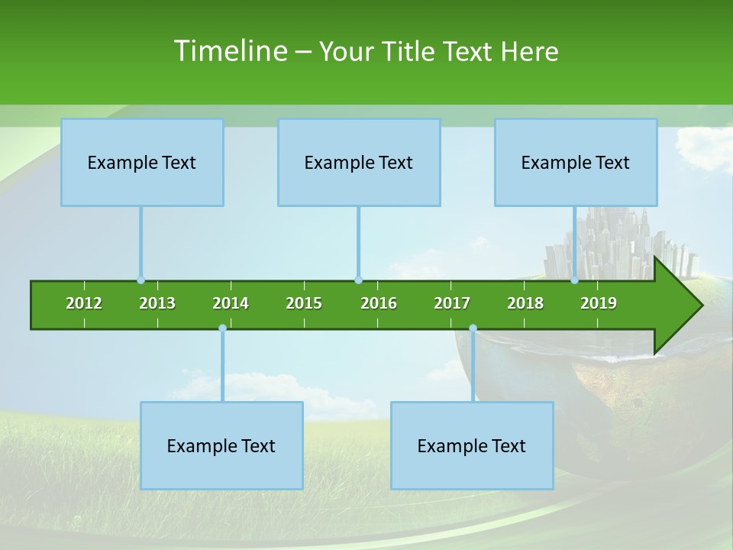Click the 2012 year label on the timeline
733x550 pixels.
click(x=84, y=303)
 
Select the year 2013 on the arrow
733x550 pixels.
click(x=157, y=303)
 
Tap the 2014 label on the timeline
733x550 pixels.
click(x=231, y=303)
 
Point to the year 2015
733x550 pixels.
click(x=304, y=303)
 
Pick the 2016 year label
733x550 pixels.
click(x=379, y=303)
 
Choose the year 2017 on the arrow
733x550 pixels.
click(x=452, y=303)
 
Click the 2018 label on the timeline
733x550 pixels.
click(x=525, y=303)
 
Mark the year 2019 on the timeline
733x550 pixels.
click(x=599, y=303)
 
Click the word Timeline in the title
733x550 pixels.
click(x=230, y=50)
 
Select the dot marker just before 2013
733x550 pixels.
click(x=140, y=280)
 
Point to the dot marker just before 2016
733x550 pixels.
click(x=358, y=280)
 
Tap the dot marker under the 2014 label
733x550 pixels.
click(x=222, y=328)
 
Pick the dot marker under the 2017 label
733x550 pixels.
click(x=473, y=328)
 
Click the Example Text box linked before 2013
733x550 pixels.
click(x=142, y=162)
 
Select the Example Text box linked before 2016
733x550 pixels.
click(x=359, y=162)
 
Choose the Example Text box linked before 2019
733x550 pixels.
click(x=576, y=162)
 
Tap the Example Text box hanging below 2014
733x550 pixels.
click(x=221, y=445)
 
